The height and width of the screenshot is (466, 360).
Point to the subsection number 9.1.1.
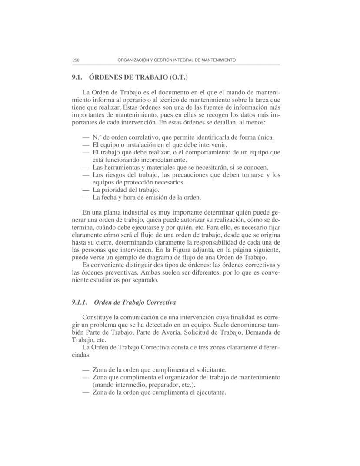(80, 302)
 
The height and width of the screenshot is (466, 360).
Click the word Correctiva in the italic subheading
(158, 302)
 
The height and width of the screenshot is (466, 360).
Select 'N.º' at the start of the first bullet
(97, 137)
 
